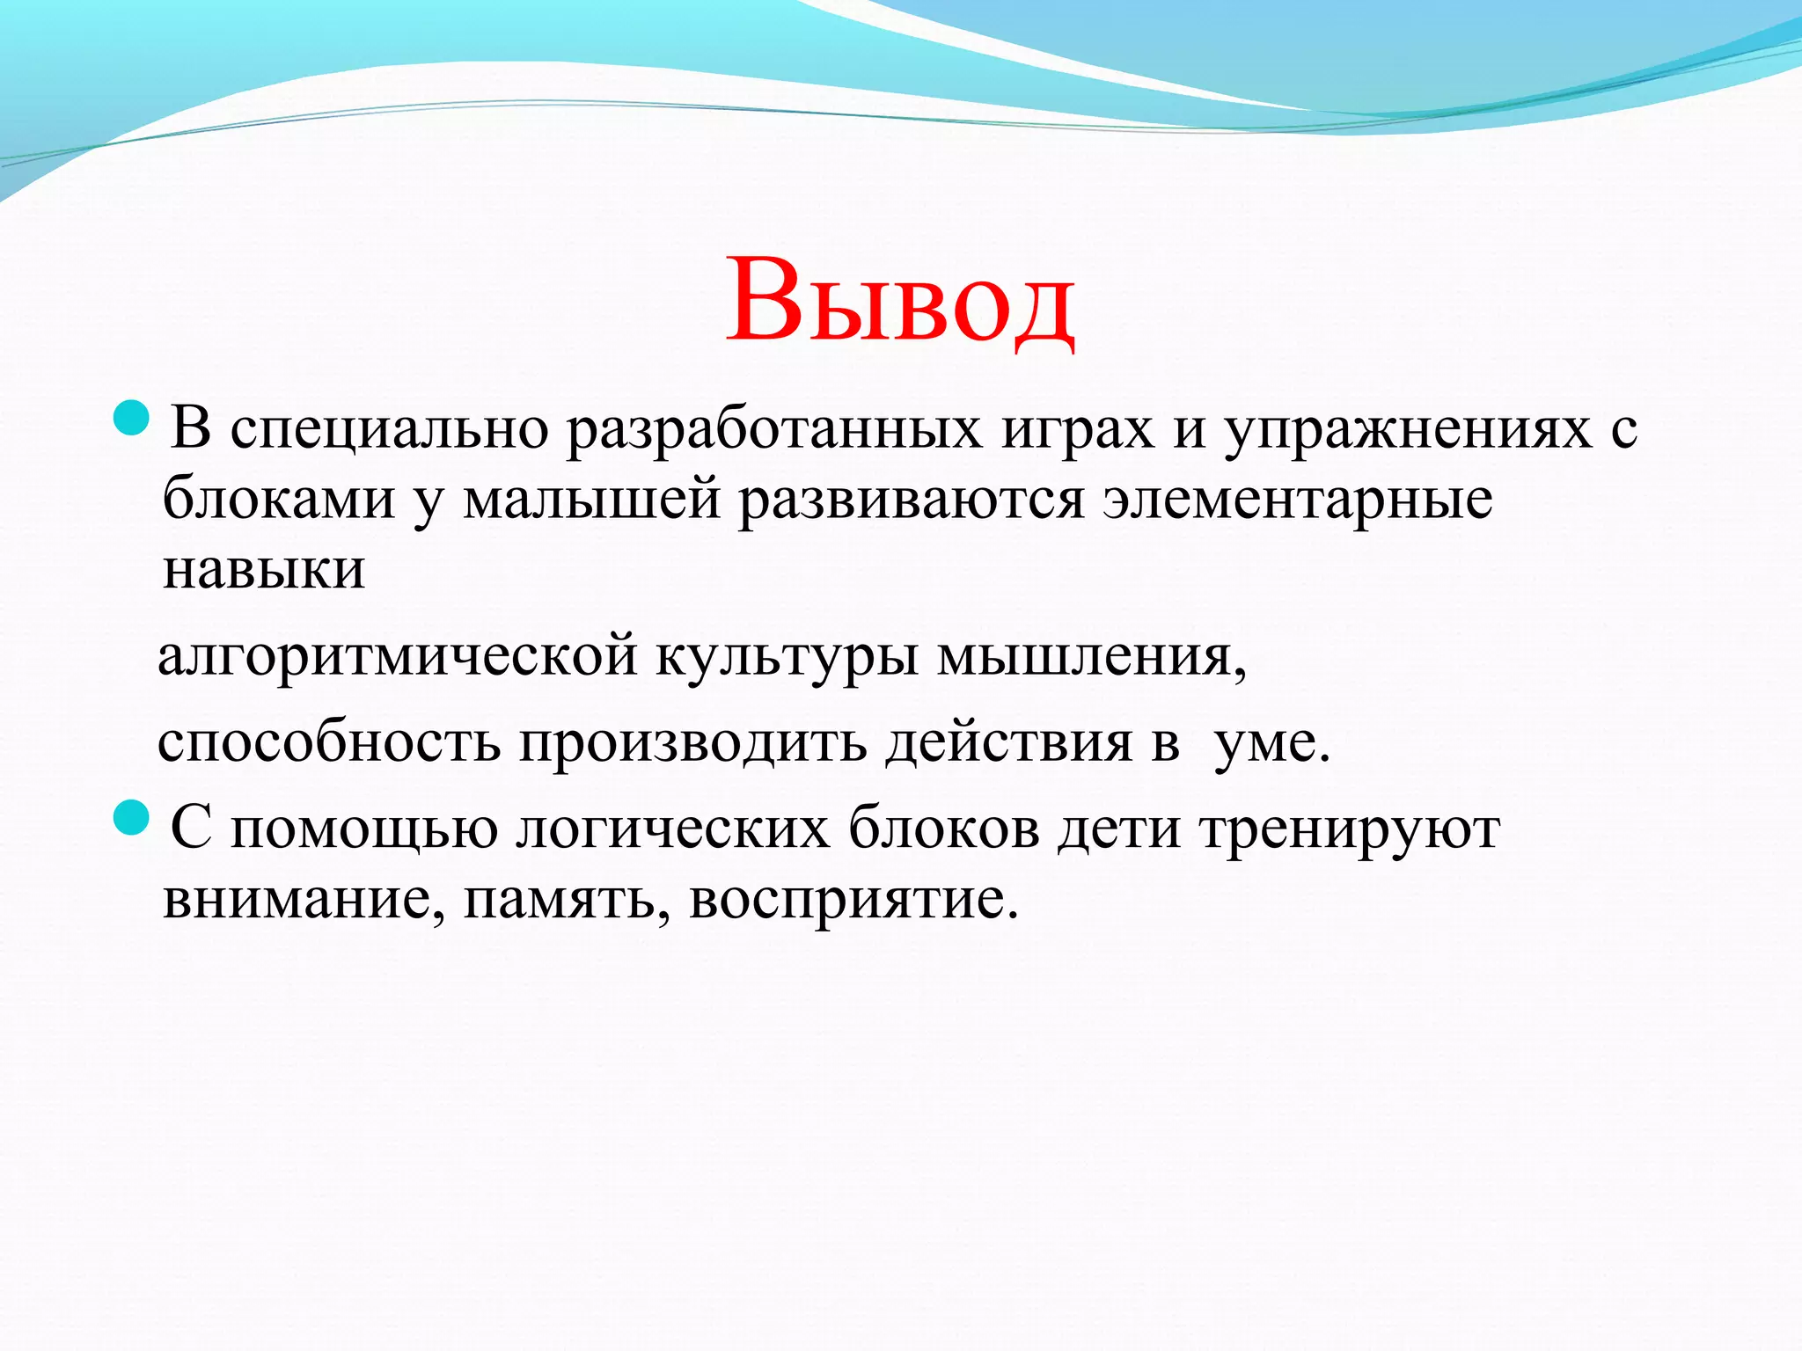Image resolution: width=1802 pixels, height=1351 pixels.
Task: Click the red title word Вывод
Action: click(x=899, y=301)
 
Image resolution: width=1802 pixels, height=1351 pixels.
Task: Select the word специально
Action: click(x=390, y=431)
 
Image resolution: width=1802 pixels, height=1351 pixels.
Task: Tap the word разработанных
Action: click(x=773, y=431)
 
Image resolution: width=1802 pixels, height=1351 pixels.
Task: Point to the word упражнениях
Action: click(x=1408, y=431)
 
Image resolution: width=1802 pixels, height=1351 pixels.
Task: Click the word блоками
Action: click(x=279, y=500)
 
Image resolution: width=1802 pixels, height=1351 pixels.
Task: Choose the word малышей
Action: click(x=592, y=500)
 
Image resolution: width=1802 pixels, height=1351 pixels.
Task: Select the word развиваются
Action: click(x=911, y=500)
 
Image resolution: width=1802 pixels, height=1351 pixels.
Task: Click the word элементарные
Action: click(x=1299, y=500)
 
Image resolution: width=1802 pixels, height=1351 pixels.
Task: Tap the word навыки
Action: click(x=264, y=569)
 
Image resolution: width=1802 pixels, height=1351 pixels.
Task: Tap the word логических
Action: click(x=673, y=829)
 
